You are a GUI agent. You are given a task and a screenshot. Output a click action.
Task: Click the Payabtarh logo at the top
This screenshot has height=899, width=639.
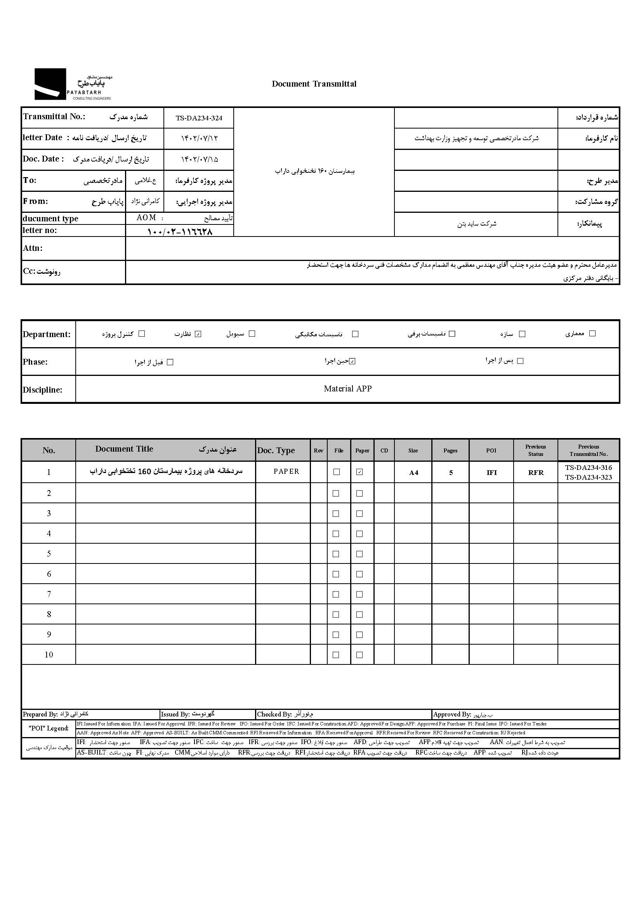(73, 84)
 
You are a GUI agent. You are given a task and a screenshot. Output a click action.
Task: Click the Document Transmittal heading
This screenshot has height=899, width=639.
(314, 84)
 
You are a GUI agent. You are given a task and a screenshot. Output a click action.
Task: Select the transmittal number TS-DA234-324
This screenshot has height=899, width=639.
(199, 118)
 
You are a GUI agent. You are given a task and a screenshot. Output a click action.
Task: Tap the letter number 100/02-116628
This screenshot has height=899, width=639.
(180, 231)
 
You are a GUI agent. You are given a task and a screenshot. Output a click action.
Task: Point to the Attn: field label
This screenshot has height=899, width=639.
(33, 248)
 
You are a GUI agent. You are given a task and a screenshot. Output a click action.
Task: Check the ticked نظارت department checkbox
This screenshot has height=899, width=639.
(198, 334)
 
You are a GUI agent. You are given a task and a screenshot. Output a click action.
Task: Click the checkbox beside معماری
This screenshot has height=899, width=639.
(592, 333)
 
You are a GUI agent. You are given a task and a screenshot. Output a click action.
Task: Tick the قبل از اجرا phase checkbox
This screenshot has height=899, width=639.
(170, 362)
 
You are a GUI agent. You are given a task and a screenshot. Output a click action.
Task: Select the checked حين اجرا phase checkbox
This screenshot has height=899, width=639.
(352, 361)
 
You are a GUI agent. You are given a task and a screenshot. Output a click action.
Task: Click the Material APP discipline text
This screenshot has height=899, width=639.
(347, 389)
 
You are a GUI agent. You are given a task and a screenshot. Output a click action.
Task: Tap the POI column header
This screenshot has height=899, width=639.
(491, 450)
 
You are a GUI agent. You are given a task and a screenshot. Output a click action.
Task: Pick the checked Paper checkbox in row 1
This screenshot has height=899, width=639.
(359, 472)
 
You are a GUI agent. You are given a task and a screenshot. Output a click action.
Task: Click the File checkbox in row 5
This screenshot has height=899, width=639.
(336, 554)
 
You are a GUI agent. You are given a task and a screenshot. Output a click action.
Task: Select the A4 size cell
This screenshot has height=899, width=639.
(413, 473)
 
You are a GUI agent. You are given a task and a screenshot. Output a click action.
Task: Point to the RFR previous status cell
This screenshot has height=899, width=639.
(535, 473)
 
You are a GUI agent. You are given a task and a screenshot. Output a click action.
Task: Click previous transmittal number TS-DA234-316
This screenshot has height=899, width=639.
(588, 468)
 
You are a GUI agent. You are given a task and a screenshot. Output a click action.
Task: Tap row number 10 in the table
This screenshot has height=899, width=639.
(49, 655)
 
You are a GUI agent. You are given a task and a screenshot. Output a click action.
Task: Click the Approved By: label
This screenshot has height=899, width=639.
(452, 715)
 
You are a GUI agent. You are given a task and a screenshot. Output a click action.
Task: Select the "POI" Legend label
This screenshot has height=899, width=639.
(49, 728)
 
